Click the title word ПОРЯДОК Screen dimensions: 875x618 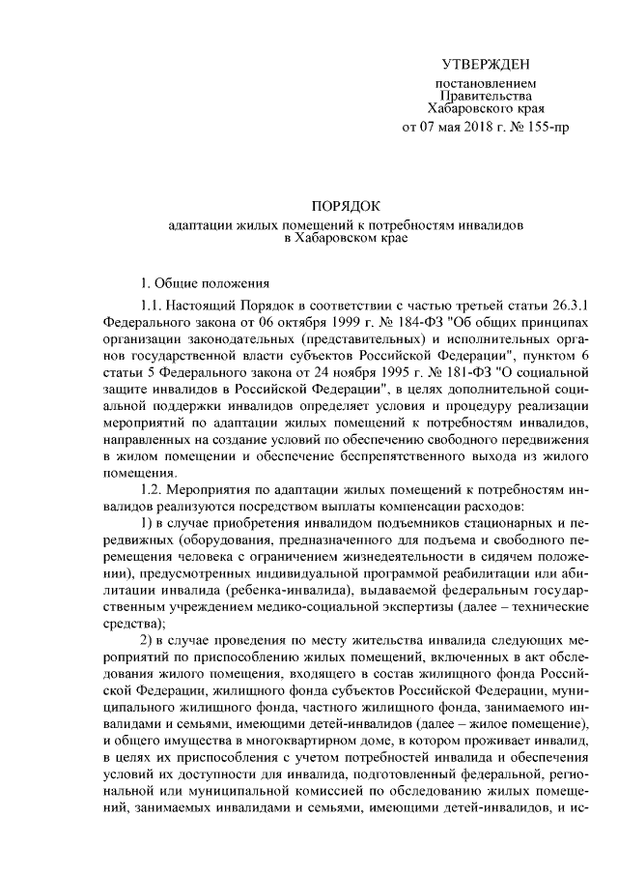tap(346, 206)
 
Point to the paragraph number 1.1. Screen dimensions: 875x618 tap(154, 306)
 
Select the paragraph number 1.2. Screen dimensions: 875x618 tap(154, 488)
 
